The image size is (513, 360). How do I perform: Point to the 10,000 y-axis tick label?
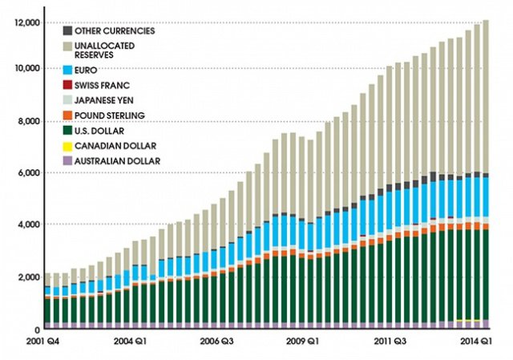(x=24, y=68)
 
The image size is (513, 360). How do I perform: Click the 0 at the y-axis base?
(x=35, y=330)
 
